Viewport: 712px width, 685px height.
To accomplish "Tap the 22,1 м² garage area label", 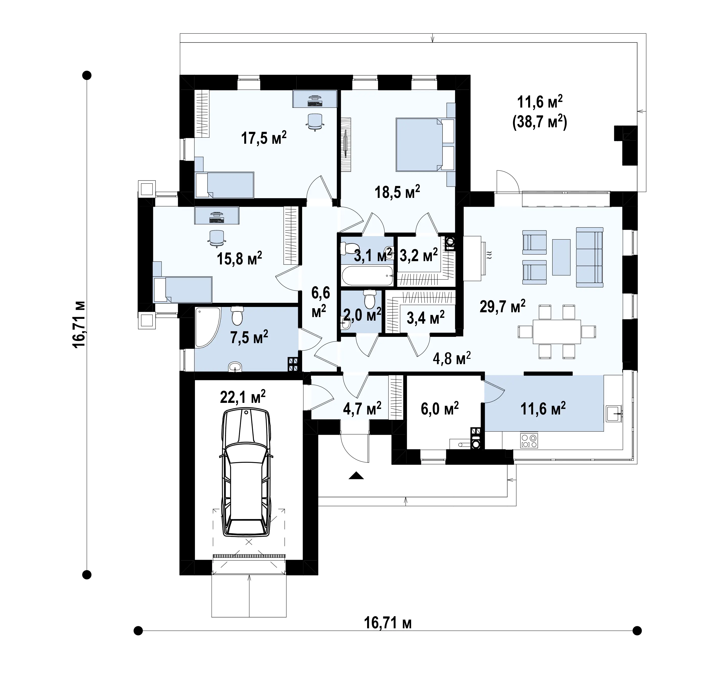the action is (243, 397).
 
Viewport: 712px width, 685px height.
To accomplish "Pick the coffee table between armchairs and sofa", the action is (561, 257).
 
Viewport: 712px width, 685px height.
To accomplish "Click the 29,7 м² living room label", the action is (502, 306).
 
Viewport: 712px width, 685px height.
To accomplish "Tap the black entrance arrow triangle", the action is (356, 475).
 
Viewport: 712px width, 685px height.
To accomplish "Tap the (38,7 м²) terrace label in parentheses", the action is (540, 122).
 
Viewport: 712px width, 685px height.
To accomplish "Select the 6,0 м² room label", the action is (439, 409).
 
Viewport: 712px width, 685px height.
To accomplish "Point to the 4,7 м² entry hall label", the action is (362, 408).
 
